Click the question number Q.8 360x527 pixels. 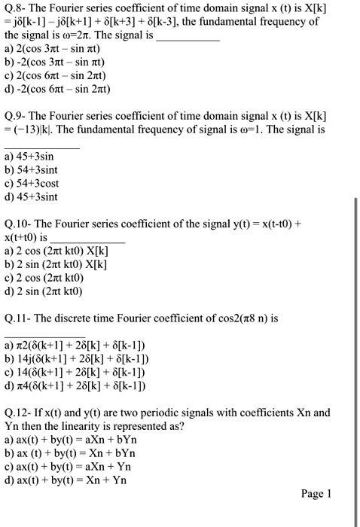15,9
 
